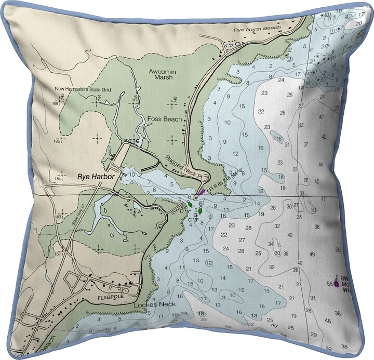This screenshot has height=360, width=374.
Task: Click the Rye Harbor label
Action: click(x=96, y=176)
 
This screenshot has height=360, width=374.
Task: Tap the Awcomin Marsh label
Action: click(x=160, y=74)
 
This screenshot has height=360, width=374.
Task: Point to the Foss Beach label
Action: click(x=165, y=119)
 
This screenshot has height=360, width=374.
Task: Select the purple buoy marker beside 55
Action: click(x=337, y=284)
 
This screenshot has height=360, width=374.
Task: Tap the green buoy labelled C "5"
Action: click(x=200, y=210)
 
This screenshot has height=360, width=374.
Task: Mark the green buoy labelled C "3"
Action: click(x=190, y=204)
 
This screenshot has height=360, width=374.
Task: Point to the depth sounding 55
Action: click(x=329, y=284)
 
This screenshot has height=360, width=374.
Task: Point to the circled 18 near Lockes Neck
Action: click(x=200, y=313)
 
